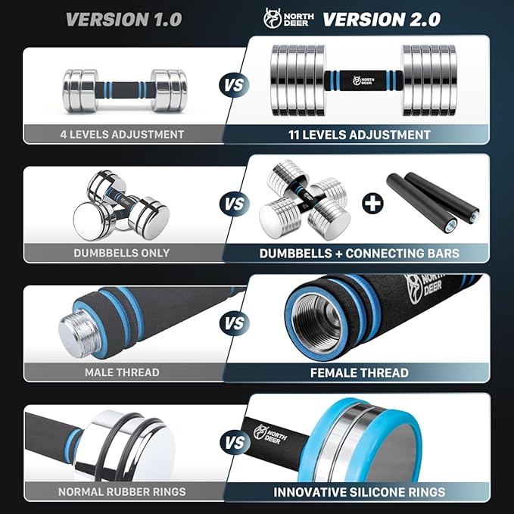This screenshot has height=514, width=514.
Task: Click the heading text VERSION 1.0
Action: click(123, 19)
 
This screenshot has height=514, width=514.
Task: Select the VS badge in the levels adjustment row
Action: click(235, 84)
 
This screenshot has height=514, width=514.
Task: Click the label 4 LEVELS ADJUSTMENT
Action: click(122, 135)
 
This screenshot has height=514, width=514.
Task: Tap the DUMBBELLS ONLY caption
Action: click(122, 253)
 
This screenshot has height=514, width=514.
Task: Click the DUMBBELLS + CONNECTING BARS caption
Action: click(360, 253)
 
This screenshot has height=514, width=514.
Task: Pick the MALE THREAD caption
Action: click(122, 372)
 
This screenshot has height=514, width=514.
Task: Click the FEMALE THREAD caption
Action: click(360, 372)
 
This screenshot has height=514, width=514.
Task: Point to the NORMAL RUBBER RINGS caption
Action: click(122, 491)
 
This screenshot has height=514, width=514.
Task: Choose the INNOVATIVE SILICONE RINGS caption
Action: click(360, 492)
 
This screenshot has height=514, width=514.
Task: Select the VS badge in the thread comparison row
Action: click(235, 324)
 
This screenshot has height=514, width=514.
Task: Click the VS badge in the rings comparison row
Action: click(235, 443)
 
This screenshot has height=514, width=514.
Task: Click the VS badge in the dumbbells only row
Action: click(235, 204)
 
